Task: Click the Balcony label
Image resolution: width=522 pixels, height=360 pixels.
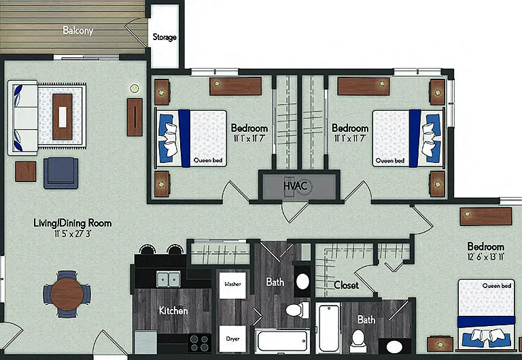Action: coord(78,31)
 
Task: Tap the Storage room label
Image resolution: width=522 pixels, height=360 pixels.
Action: coord(164,37)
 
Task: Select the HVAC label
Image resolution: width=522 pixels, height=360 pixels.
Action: coord(295,185)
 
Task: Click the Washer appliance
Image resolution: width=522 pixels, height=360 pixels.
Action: coord(232,285)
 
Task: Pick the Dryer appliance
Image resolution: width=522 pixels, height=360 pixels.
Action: coord(232,339)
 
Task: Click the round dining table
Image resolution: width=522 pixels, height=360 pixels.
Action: coord(67,294)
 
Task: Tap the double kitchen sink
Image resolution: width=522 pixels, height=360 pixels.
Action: coord(169,278)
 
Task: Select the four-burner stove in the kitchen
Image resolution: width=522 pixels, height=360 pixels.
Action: coord(199,343)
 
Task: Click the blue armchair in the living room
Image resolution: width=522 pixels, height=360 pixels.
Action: coord(61,173)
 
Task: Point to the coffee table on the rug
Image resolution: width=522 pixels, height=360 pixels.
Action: coord(63,116)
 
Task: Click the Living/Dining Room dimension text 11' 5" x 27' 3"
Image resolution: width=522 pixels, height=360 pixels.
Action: coord(73,234)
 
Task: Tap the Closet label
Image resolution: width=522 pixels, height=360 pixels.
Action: coord(346,285)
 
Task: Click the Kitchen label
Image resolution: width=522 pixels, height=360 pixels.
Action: coord(173,311)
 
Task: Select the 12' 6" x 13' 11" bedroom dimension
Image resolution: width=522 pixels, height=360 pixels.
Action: coord(486,257)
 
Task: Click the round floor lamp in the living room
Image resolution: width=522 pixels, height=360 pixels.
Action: coord(135,88)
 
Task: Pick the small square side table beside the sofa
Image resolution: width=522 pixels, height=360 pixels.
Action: coord(26,171)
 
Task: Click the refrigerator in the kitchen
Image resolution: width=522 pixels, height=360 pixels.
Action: coord(145,342)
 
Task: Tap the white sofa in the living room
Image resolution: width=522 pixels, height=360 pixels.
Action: coord(22,118)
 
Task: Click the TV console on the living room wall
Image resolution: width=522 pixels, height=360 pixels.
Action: coord(135,117)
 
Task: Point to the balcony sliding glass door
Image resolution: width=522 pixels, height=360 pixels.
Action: coord(86,57)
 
